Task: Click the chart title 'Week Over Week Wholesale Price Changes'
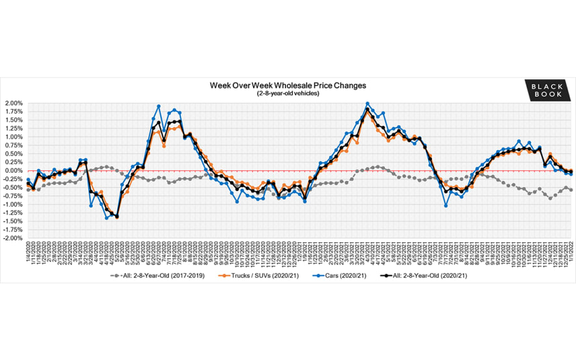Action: (x=287, y=85)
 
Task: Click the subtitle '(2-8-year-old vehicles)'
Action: (x=287, y=93)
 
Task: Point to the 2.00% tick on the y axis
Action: (x=13, y=103)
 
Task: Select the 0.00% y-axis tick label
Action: (x=13, y=170)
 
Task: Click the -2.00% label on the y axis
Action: (x=13, y=239)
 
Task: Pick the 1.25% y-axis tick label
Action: (x=13, y=128)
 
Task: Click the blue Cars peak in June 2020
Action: (x=158, y=106)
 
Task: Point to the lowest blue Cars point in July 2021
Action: (x=446, y=205)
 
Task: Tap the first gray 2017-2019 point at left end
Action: (x=28, y=189)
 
